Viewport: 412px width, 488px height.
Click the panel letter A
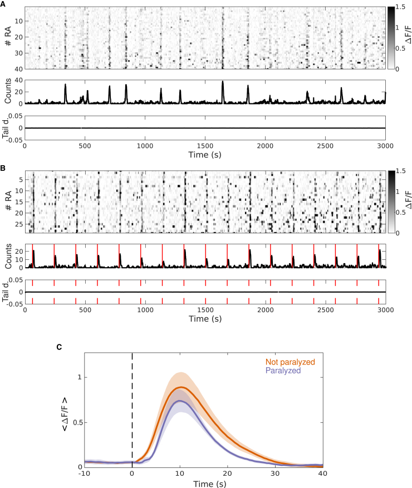4,4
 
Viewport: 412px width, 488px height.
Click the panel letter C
60,347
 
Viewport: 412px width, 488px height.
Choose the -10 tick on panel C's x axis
84,473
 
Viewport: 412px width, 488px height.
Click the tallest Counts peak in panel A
223,81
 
